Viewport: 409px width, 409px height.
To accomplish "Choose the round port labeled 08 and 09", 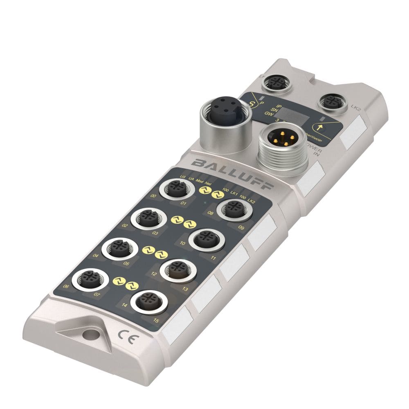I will click(232, 210).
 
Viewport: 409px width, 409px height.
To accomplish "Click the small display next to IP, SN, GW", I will click(293, 115).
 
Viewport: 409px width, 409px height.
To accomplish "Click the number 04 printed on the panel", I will click(96, 256).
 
